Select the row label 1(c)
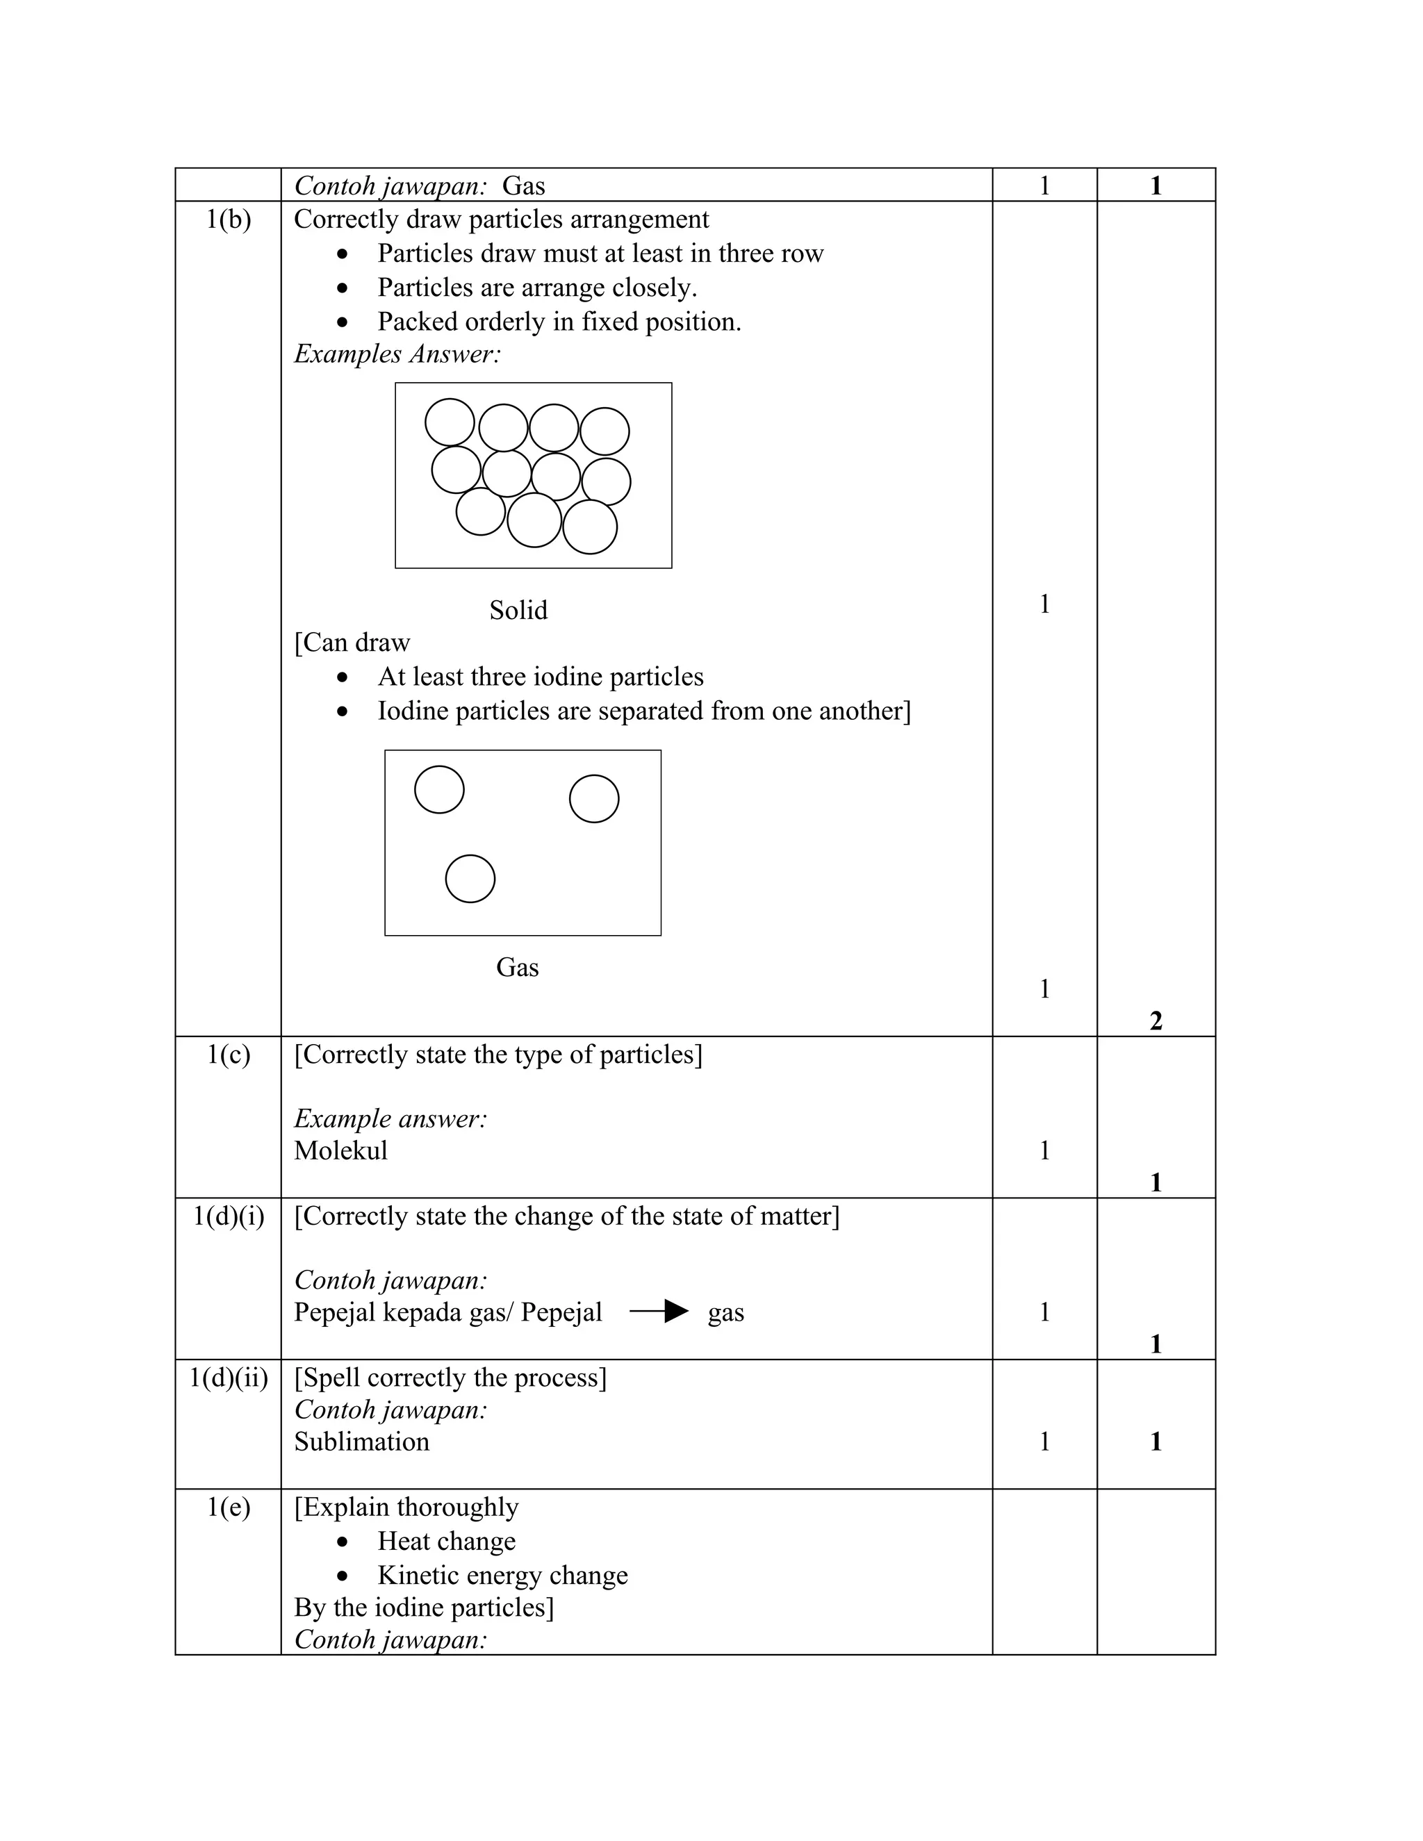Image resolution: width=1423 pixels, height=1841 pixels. [x=229, y=1055]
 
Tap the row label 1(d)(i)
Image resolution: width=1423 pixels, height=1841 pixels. [x=229, y=1216]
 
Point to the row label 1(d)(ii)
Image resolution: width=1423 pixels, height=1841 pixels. [x=229, y=1378]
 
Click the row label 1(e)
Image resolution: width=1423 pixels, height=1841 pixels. [x=229, y=1508]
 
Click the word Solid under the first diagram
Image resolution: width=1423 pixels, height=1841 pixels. [x=518, y=609]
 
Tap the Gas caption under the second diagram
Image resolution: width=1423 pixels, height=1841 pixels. [x=517, y=967]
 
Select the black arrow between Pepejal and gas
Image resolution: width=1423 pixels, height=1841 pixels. [x=659, y=1312]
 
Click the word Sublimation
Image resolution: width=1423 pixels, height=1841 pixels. [x=361, y=1442]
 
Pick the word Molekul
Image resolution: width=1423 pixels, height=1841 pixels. [x=340, y=1150]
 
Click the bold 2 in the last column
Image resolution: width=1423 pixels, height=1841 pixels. [x=1155, y=1021]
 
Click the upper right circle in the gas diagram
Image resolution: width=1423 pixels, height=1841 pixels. [x=594, y=798]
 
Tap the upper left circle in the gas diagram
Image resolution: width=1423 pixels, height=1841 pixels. [x=439, y=789]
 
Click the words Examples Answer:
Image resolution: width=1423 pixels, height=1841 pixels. [x=397, y=354]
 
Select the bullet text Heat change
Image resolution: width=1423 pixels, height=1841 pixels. [x=446, y=1541]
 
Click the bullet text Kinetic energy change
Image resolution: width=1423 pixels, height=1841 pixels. [x=502, y=1575]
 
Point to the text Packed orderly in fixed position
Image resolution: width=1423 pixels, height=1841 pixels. [x=559, y=322]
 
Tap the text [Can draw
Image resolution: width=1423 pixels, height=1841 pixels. [x=352, y=643]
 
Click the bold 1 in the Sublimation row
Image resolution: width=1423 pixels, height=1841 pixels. [x=1155, y=1442]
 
